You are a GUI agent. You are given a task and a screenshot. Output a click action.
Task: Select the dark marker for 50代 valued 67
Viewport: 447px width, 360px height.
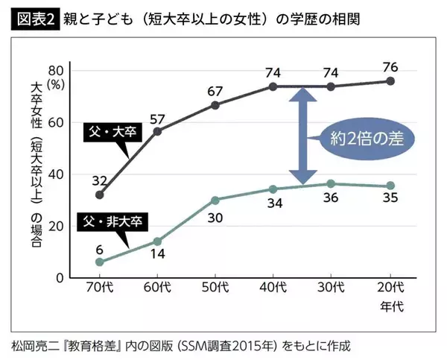point(215,105)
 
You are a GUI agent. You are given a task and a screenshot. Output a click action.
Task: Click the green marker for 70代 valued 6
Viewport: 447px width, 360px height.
point(100,262)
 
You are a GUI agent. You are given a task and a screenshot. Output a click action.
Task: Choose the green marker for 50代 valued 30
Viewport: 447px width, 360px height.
point(215,200)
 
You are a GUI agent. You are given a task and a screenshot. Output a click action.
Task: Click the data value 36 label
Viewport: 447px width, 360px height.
point(331,198)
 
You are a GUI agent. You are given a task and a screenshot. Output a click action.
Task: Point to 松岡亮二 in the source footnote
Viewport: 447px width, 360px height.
point(35,345)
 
